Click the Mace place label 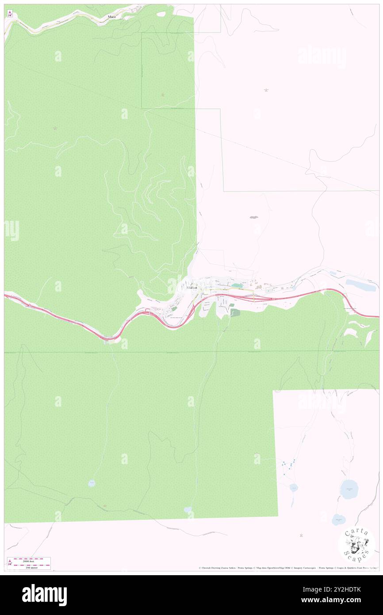point(111,17)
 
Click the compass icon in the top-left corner point(10,14)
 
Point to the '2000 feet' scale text point(31,560)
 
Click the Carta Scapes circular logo point(356,545)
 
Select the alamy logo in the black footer point(44,594)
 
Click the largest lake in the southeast point(349,489)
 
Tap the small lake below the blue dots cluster point(293,488)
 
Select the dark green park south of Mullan point(235,313)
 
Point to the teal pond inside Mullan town point(237,286)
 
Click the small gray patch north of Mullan point(253,217)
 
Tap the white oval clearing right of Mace point(161,14)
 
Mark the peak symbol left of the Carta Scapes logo point(302,535)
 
